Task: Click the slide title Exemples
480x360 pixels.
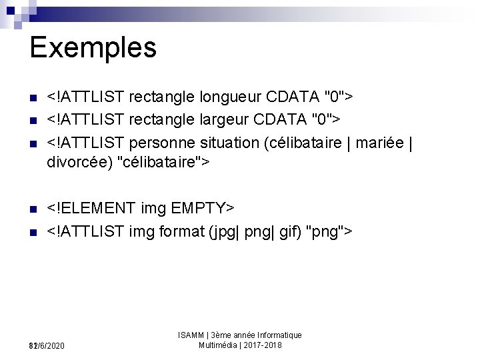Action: tap(93, 47)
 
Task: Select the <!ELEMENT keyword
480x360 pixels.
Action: tap(91, 209)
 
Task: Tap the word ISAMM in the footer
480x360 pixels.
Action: tap(191, 335)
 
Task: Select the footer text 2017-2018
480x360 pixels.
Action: tap(263, 345)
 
